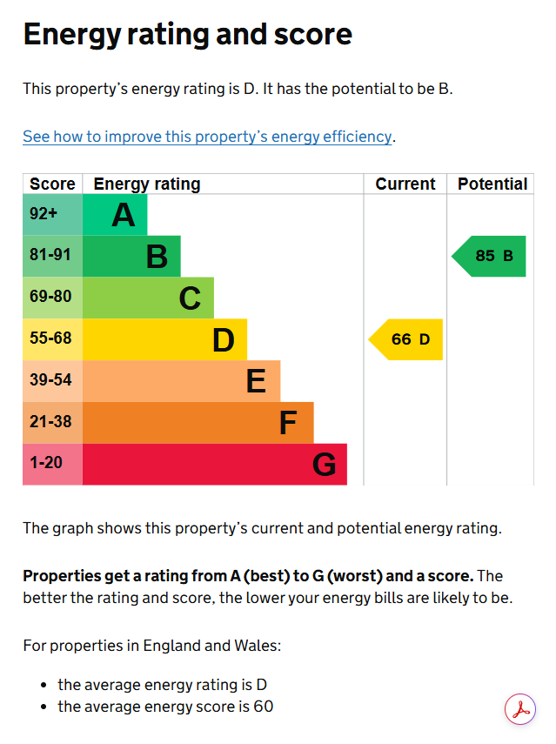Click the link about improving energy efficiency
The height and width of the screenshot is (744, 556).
[x=207, y=137]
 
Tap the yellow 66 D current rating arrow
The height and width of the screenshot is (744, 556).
[x=405, y=339]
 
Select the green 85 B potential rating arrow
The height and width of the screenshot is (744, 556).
[x=489, y=256]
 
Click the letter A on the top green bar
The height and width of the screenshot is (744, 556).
[x=124, y=215]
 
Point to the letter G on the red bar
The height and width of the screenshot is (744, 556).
[x=325, y=464]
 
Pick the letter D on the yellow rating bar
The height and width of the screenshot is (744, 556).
[x=224, y=339]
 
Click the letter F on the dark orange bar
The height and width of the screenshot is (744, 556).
[x=288, y=423]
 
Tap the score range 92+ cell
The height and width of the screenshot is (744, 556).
[x=53, y=214]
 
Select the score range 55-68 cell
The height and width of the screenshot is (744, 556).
[x=53, y=339]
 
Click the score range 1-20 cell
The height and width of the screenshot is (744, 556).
[x=53, y=464]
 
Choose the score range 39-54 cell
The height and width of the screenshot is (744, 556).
[x=53, y=381]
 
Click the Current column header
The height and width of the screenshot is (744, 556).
[x=405, y=184]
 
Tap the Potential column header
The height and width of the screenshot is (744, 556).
[x=492, y=184]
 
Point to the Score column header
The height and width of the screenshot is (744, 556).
[x=52, y=184]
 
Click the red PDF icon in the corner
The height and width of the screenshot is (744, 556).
[x=520, y=709]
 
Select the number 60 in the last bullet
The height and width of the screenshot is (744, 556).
[x=264, y=707]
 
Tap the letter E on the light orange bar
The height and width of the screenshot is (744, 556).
[x=256, y=381]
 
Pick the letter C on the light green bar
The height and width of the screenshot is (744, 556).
[x=190, y=298]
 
